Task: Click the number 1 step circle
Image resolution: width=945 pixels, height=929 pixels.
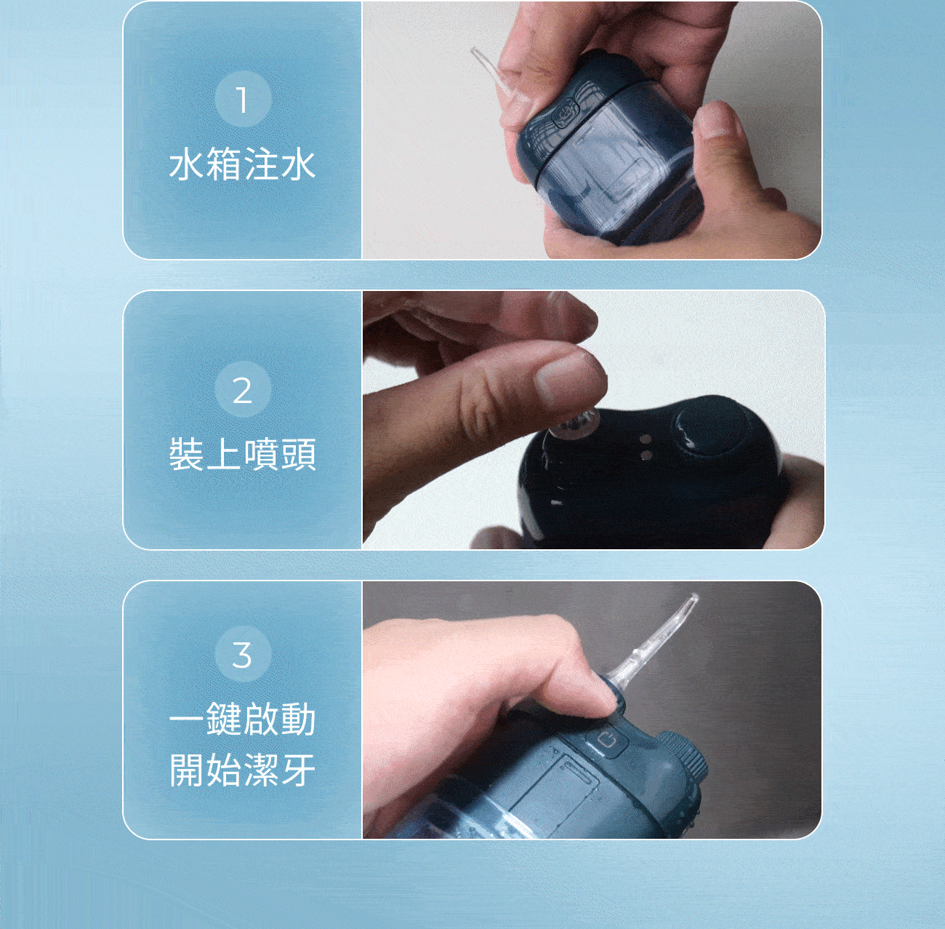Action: click(243, 99)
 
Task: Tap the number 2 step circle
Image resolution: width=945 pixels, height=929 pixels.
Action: click(243, 389)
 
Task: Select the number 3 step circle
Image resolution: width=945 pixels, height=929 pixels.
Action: click(243, 654)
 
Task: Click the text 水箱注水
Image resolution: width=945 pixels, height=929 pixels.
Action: click(242, 165)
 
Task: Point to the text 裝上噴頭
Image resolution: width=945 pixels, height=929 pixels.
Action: click(242, 454)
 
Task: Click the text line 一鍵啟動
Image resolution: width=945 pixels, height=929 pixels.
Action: click(242, 719)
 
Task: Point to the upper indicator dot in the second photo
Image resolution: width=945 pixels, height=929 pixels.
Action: click(646, 439)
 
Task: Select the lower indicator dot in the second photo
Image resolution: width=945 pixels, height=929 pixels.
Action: click(646, 455)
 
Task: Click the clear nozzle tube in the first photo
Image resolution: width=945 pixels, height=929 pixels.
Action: click(491, 73)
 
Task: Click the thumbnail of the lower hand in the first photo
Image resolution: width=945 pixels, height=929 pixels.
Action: click(717, 121)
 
